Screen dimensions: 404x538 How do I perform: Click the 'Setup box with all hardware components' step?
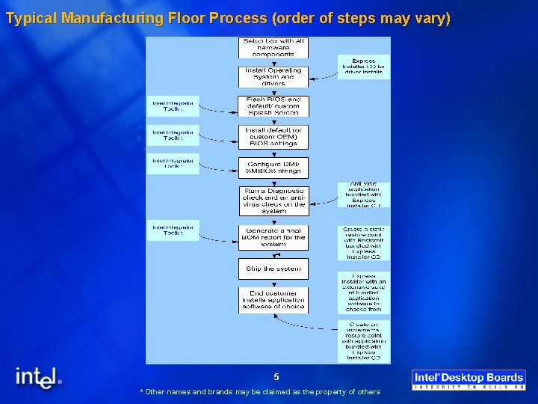point(273,47)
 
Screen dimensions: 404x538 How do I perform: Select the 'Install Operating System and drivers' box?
point(273,76)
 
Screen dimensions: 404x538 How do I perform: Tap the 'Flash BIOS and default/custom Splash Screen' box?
point(273,105)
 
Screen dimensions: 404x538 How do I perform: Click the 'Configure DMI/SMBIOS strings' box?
point(273,168)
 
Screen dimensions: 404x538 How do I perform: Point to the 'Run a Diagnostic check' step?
point(273,201)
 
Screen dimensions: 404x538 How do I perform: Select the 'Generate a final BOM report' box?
point(273,237)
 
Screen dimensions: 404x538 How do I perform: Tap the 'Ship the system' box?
point(273,268)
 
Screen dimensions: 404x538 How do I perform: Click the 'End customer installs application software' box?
point(273,299)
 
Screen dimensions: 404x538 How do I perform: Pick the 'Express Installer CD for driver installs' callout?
point(363,66)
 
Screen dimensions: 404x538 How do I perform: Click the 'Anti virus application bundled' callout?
point(363,195)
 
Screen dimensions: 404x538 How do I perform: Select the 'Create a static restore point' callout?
point(363,242)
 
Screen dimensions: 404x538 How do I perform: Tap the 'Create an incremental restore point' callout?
point(363,341)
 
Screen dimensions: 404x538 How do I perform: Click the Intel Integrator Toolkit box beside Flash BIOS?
point(173,105)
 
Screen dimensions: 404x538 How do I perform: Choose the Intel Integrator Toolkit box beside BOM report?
point(173,230)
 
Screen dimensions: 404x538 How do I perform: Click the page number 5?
point(276,377)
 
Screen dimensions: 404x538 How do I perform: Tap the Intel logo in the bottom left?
point(38,378)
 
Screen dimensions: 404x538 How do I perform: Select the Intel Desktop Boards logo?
point(469,379)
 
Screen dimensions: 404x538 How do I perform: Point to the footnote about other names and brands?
point(260,391)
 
